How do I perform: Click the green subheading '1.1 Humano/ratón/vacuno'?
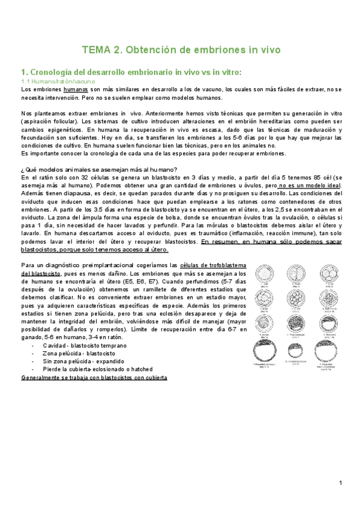(x=58, y=80)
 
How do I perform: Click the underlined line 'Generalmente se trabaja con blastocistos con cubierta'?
(x=94, y=378)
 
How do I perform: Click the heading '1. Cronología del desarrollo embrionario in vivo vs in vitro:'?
(x=131, y=72)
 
